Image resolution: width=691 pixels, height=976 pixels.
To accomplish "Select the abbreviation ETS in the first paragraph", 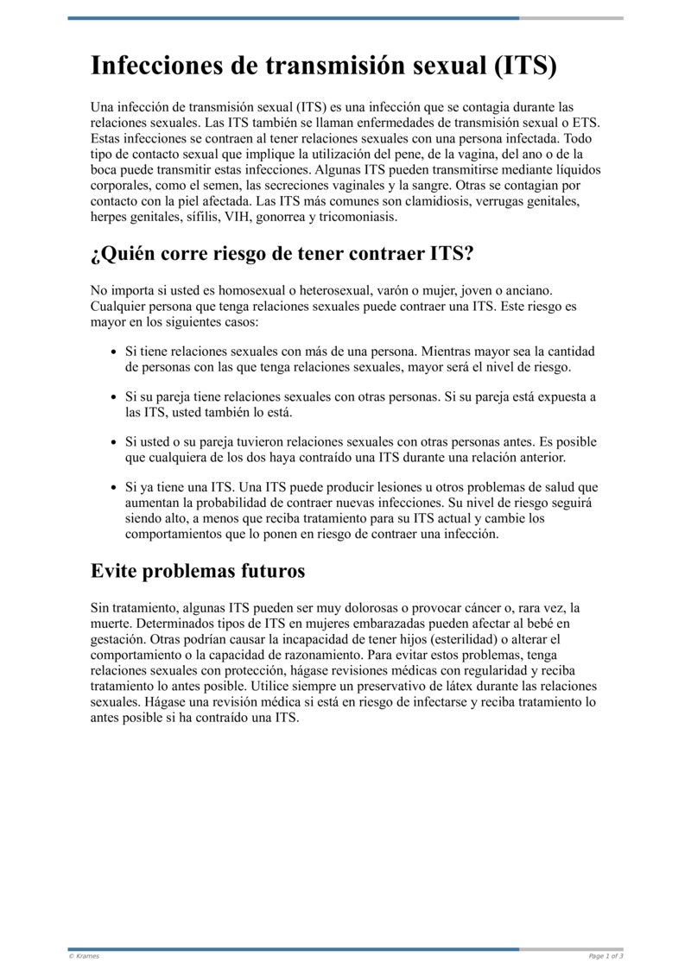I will click(586, 124).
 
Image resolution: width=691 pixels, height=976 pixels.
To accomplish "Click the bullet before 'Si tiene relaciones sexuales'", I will click(115, 352).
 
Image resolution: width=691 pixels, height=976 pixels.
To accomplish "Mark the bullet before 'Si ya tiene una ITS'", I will click(115, 488).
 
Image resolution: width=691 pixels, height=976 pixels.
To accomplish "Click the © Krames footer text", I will click(84, 956).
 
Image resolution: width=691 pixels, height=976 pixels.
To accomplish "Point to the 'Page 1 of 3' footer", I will click(605, 956).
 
